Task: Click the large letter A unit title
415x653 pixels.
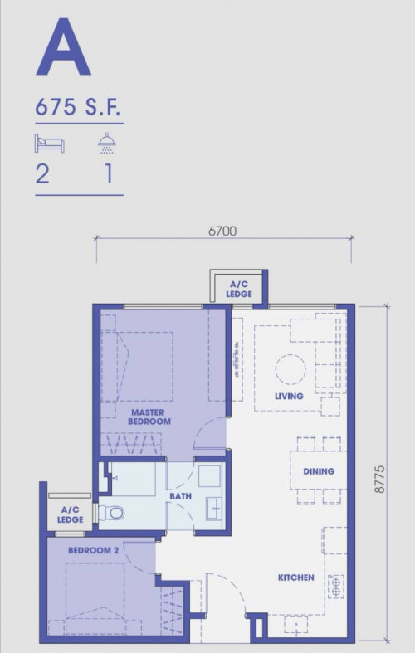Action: (63, 46)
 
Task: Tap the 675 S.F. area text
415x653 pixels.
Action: (78, 106)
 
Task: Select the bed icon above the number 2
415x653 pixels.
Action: (50, 144)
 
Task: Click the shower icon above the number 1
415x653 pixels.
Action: (107, 144)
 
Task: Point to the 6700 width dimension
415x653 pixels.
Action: (222, 231)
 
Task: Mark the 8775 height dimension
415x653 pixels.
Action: (379, 480)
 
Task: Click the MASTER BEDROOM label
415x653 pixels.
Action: (149, 417)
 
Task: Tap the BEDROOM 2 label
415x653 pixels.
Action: (93, 550)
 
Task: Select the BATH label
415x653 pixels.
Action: (180, 496)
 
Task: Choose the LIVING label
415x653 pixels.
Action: (289, 396)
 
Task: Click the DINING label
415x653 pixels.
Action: (319, 471)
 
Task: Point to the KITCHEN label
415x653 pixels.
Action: (295, 577)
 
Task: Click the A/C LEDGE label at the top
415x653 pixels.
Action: (239, 289)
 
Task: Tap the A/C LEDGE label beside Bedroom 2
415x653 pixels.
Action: (70, 514)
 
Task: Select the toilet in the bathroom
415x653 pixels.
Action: (111, 512)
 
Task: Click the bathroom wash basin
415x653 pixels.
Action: (214, 509)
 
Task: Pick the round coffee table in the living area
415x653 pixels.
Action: (290, 370)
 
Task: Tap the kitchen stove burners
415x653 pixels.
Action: (336, 587)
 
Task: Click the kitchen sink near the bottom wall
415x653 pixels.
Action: (296, 625)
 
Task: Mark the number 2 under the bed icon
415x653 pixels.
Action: (42, 173)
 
